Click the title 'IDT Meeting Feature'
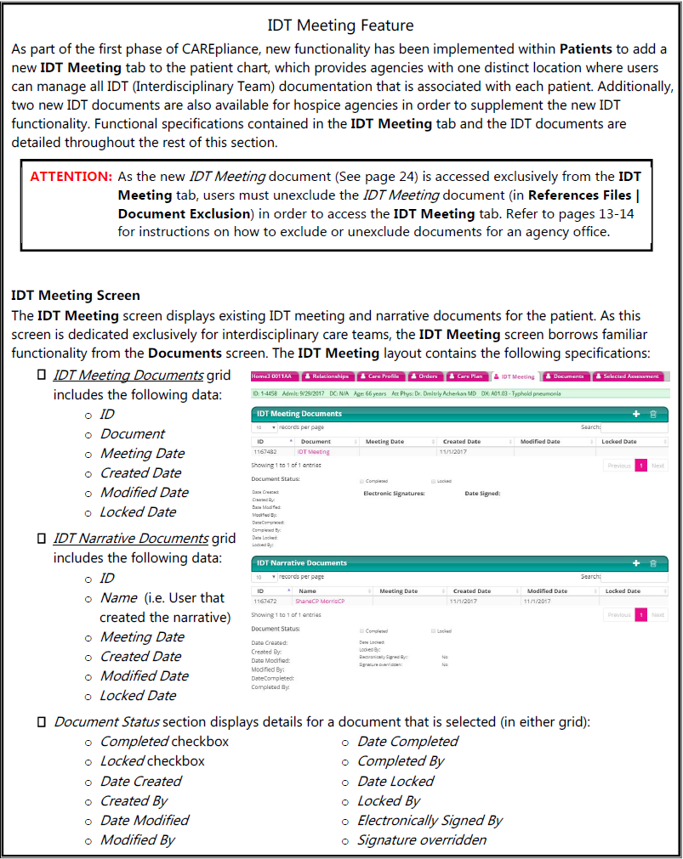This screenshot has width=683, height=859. [340, 25]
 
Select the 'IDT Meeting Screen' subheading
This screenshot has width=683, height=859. [76, 296]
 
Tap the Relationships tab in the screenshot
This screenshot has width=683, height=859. [326, 376]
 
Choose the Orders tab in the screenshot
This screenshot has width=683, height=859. [425, 376]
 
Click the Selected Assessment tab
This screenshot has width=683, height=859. [629, 376]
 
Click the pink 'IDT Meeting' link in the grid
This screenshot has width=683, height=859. [313, 452]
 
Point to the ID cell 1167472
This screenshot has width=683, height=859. [267, 601]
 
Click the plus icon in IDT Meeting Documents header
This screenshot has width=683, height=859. [635, 414]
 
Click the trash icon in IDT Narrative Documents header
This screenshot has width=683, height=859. [653, 562]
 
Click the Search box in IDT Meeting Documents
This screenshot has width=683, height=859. [634, 427]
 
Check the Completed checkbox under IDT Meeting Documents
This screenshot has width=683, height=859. [361, 482]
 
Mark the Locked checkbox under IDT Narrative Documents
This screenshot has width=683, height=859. [434, 630]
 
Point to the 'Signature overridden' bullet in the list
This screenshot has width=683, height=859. [422, 839]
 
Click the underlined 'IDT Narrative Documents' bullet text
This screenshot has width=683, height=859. [131, 538]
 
